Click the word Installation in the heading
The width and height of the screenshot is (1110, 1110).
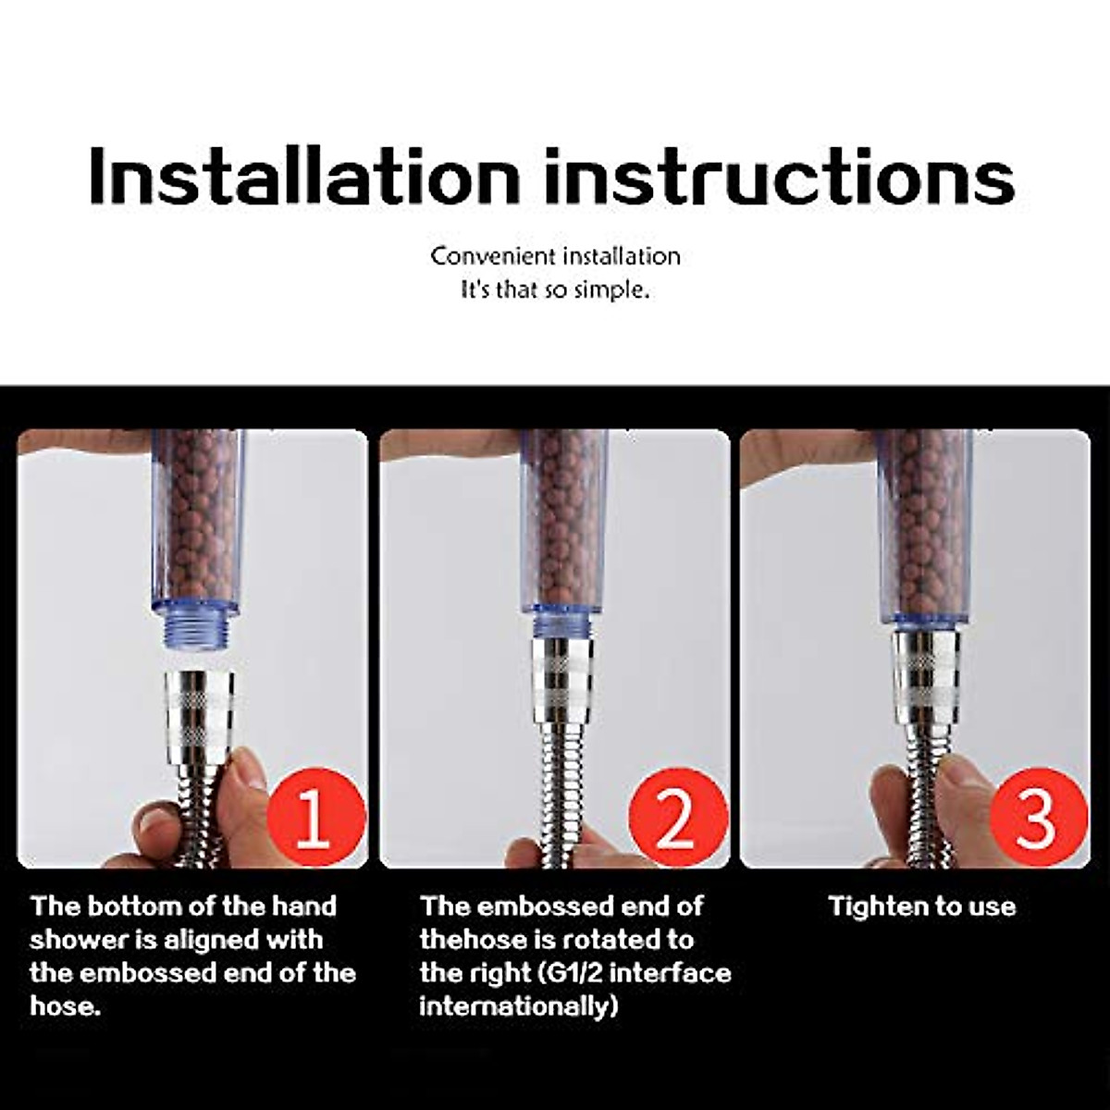point(304,177)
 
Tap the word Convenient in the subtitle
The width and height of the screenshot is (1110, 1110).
point(492,256)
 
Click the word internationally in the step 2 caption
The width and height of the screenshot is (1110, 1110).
point(518,1007)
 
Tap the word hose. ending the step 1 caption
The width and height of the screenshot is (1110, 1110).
point(66,1006)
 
